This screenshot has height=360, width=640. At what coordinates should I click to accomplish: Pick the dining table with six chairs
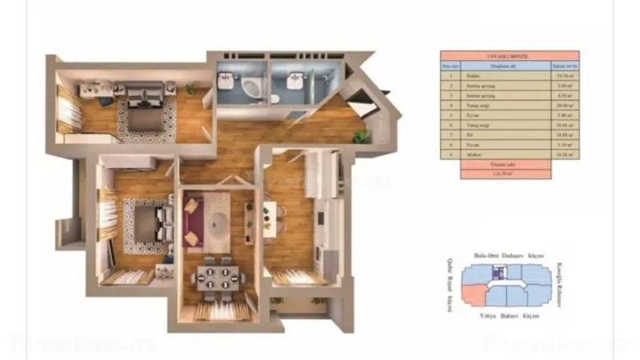click(x=214, y=278)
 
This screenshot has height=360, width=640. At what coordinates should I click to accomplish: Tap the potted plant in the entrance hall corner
click(x=362, y=136)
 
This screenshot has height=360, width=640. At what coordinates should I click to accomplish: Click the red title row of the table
click(x=510, y=57)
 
